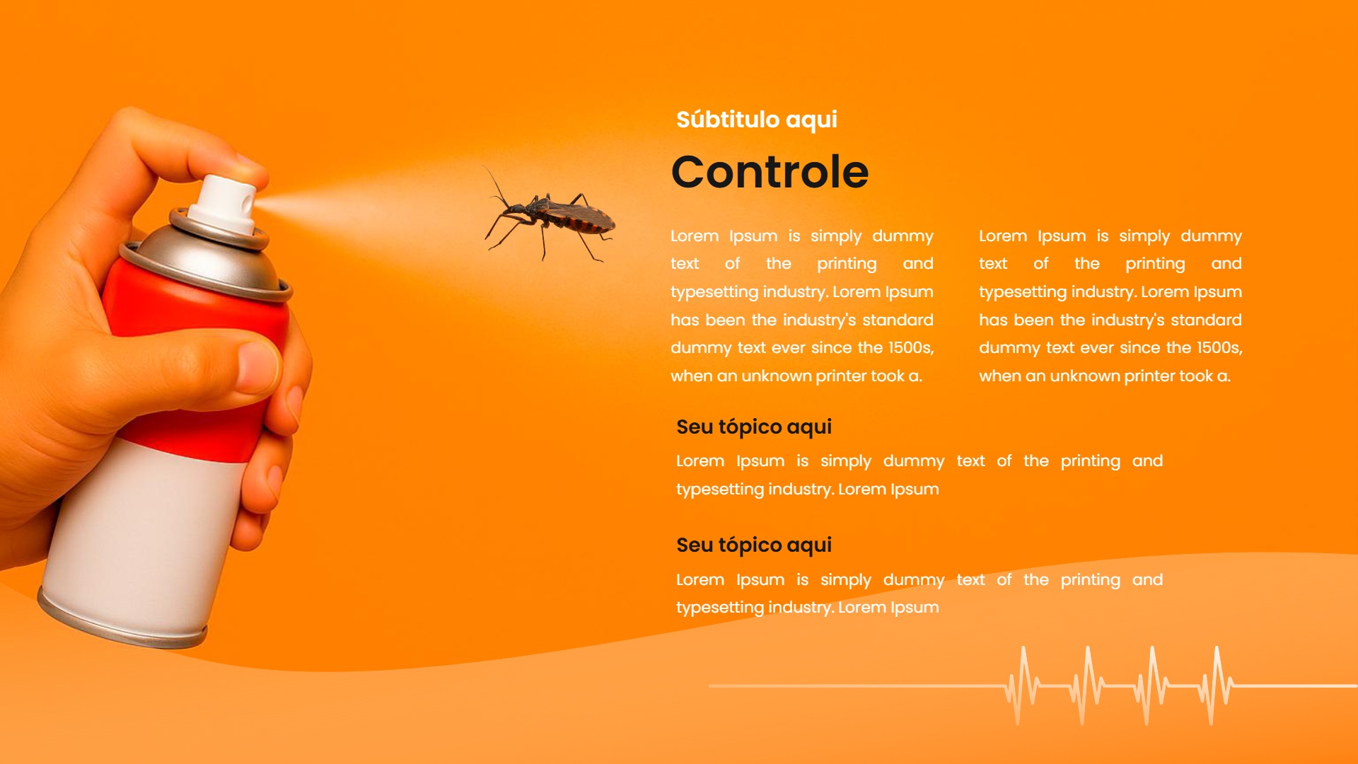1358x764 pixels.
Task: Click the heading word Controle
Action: pos(770,172)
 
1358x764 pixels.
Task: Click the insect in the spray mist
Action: pos(549,214)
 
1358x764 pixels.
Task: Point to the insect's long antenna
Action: pos(495,185)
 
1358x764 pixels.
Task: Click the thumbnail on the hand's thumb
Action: pos(257,368)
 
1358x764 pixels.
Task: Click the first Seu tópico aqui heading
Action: pos(754,427)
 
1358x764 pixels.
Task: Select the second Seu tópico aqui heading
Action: pos(754,545)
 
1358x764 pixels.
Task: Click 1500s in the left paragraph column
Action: pos(911,348)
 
